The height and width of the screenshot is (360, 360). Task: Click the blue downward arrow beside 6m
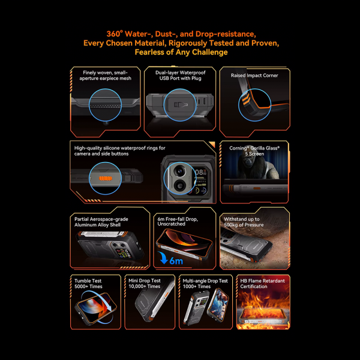pyautogui.click(x=163, y=258)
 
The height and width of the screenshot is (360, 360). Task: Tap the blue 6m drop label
pyautogui.click(x=176, y=260)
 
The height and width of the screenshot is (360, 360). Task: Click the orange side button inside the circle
pyautogui.click(x=106, y=178)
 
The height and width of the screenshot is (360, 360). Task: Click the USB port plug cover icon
pyautogui.click(x=181, y=105)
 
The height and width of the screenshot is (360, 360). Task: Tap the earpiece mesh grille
pyautogui.click(x=105, y=106)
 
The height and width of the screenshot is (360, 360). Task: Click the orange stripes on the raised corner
pyautogui.click(x=246, y=100)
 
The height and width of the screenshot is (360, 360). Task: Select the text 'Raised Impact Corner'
pyautogui.click(x=254, y=76)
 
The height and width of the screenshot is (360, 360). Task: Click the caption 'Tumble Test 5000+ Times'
pyautogui.click(x=88, y=284)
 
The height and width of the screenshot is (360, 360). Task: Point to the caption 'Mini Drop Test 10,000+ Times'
pyautogui.click(x=145, y=284)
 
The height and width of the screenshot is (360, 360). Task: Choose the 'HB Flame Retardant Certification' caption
pyautogui.click(x=262, y=284)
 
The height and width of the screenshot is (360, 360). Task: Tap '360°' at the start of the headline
pyautogui.click(x=115, y=34)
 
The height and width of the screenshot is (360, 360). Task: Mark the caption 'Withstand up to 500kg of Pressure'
pyautogui.click(x=244, y=222)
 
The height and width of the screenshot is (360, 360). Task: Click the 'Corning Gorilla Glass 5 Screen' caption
pyautogui.click(x=254, y=151)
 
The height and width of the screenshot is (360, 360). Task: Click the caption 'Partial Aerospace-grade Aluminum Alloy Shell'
pyautogui.click(x=101, y=222)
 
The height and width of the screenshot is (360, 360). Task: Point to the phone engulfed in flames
pyautogui.click(x=263, y=316)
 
